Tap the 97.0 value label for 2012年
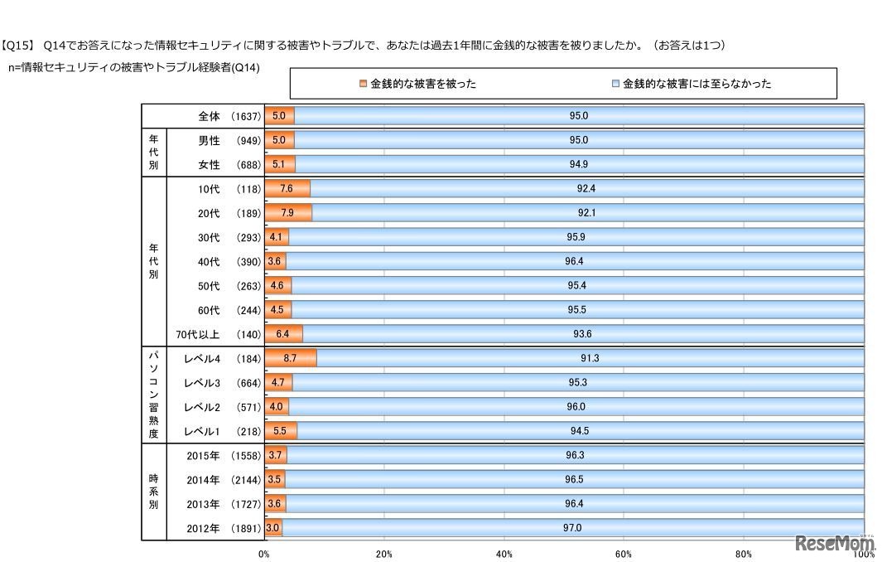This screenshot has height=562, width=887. tap(572, 528)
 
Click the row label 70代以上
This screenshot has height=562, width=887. tap(198, 334)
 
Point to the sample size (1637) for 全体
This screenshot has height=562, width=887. tap(247, 116)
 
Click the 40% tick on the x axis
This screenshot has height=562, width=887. tap(504, 554)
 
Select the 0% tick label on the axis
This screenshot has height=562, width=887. tap(264, 554)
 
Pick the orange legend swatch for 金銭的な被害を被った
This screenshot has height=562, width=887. tap(363, 84)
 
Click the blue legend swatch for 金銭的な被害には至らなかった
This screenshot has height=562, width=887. tap(615, 84)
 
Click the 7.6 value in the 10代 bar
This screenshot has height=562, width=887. tap(287, 189)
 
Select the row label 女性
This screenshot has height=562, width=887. tap(209, 164)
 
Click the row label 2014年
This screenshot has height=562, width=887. tap(204, 480)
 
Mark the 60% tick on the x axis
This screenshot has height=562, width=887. tap(624, 554)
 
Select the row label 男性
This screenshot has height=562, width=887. tap(209, 140)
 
